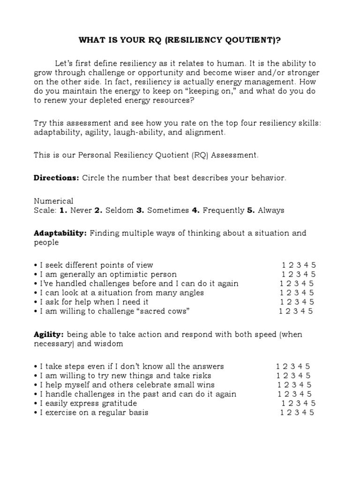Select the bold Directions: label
tap(57, 178)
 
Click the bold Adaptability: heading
tap(60, 233)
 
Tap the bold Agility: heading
tap(49, 334)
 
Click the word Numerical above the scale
tap(53, 201)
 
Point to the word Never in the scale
tap(80, 210)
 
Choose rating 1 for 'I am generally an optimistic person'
tap(284, 274)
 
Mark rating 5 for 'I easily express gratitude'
tap(313, 403)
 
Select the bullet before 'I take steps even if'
tap(36, 367)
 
